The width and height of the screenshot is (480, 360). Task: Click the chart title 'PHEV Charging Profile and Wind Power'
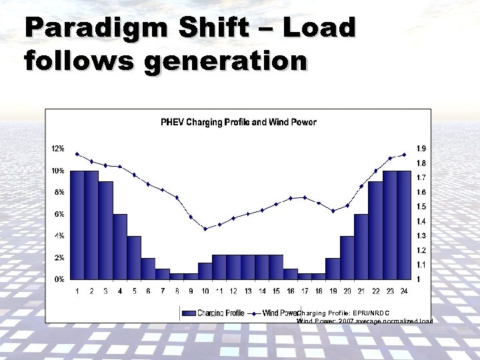point(238,122)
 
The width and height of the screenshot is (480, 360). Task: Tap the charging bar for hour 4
point(120,246)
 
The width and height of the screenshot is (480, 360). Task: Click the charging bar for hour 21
point(361,246)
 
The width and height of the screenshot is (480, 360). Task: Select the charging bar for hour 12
point(233,267)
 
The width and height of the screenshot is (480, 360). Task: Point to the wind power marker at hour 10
point(205,229)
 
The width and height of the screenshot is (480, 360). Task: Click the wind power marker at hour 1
point(77,154)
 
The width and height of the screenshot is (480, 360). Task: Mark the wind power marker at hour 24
point(404,155)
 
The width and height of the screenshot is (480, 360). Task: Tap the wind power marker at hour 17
point(305,197)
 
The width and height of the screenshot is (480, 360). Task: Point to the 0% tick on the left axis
point(59,279)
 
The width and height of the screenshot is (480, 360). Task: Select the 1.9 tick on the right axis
point(421,149)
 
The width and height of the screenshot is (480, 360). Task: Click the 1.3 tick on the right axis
point(421,235)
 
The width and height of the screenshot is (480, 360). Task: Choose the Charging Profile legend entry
point(214,313)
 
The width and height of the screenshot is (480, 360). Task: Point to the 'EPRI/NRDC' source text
point(369,312)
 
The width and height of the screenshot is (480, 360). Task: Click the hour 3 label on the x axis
point(106,291)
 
